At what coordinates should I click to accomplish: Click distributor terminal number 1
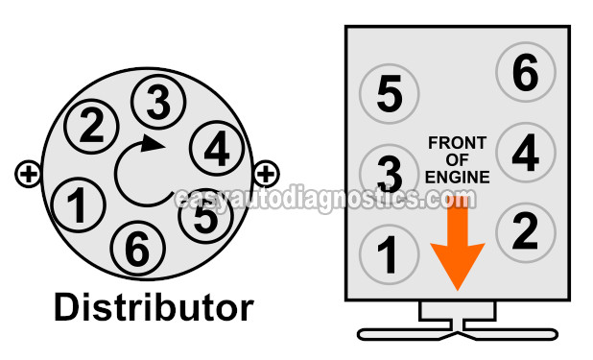[73, 203]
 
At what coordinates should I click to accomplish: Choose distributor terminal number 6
[137, 249]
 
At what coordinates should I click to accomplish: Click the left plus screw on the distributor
[28, 174]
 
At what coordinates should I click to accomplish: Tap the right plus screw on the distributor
[266, 174]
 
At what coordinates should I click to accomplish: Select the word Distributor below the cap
[154, 307]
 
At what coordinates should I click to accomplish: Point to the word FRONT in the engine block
[458, 143]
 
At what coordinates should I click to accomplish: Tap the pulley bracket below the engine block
[457, 323]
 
